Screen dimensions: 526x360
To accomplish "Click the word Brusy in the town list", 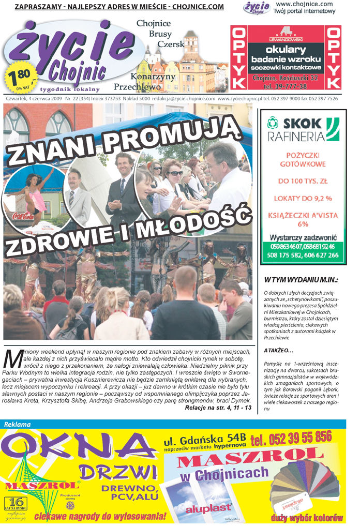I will point(160,34).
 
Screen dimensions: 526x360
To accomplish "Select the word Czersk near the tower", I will point(171,44).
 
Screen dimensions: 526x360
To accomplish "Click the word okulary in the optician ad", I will point(286,50).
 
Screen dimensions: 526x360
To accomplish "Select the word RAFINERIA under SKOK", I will point(296,137).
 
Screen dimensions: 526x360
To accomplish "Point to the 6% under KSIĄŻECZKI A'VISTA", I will point(303,224).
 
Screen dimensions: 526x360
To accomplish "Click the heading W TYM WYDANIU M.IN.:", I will point(301,280).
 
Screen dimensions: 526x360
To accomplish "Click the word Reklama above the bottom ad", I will point(17,424).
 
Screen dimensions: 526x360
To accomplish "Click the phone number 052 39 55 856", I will point(291,438).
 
